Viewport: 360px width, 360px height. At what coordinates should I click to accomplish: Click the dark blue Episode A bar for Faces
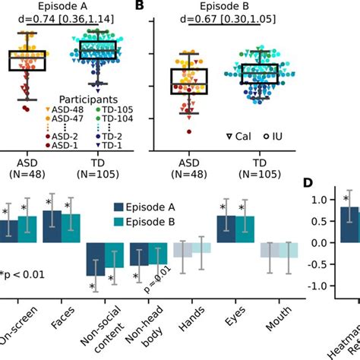(52, 226)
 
